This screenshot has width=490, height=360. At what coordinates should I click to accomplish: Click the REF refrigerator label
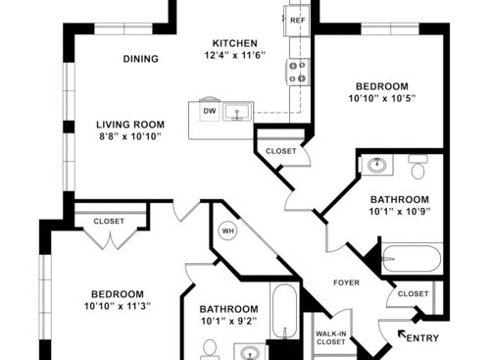click(x=297, y=20)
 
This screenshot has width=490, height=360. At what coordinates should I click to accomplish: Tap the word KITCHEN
click(x=235, y=43)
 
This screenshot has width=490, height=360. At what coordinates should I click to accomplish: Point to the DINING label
click(x=141, y=59)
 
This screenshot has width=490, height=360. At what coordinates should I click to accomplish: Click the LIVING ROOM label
click(x=130, y=125)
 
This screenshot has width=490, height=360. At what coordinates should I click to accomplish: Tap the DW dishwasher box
click(x=209, y=111)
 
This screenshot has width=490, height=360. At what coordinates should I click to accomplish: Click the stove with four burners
click(x=297, y=71)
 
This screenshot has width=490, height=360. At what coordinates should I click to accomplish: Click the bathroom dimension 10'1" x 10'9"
click(x=401, y=211)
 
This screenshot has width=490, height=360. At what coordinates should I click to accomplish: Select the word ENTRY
click(x=422, y=338)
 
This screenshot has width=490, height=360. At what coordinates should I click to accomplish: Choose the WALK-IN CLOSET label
click(x=330, y=338)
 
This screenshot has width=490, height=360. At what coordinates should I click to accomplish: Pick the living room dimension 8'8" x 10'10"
click(x=130, y=138)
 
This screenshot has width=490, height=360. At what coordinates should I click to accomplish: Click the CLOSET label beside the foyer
click(x=413, y=293)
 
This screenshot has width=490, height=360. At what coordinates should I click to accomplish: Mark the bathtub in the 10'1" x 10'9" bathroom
click(x=412, y=259)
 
